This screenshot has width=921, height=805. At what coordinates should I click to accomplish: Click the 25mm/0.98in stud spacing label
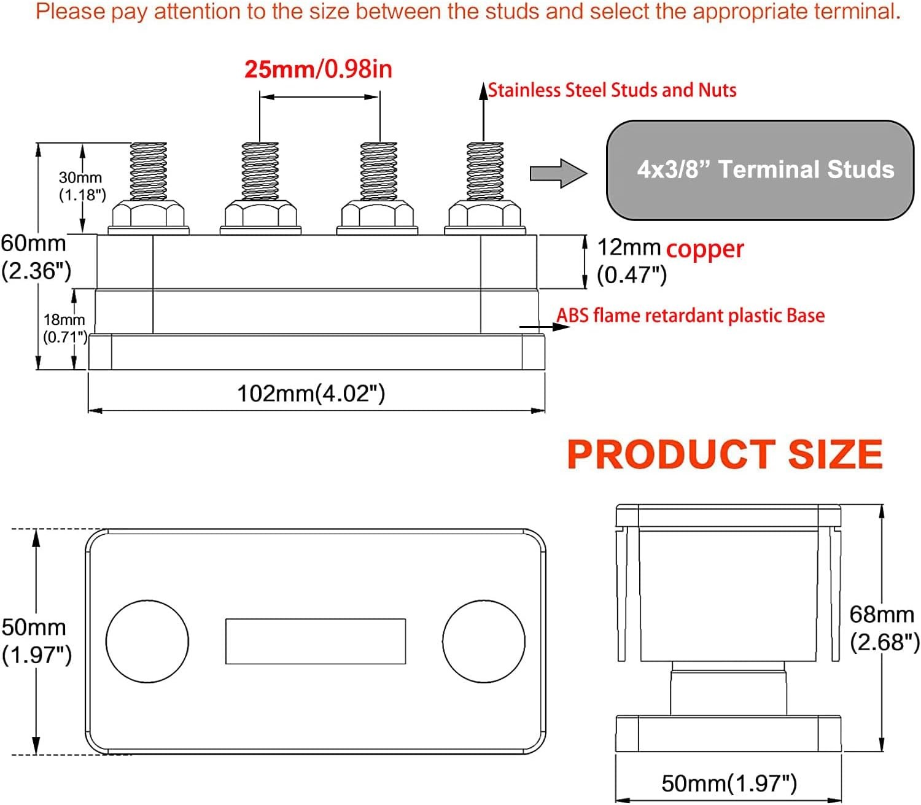click(318, 69)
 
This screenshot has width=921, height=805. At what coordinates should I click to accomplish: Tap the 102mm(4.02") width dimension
click(311, 394)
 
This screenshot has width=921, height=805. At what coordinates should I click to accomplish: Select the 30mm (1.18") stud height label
click(82, 186)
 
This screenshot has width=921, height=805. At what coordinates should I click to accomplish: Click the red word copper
click(705, 249)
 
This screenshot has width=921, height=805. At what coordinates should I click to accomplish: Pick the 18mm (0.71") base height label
click(65, 329)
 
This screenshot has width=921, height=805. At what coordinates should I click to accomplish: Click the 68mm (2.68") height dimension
click(884, 628)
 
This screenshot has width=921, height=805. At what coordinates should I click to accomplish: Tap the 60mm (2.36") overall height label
click(36, 257)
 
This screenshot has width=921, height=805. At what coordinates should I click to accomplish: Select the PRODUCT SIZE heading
click(725, 455)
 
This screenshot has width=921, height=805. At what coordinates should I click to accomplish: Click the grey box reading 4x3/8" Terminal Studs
click(760, 170)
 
